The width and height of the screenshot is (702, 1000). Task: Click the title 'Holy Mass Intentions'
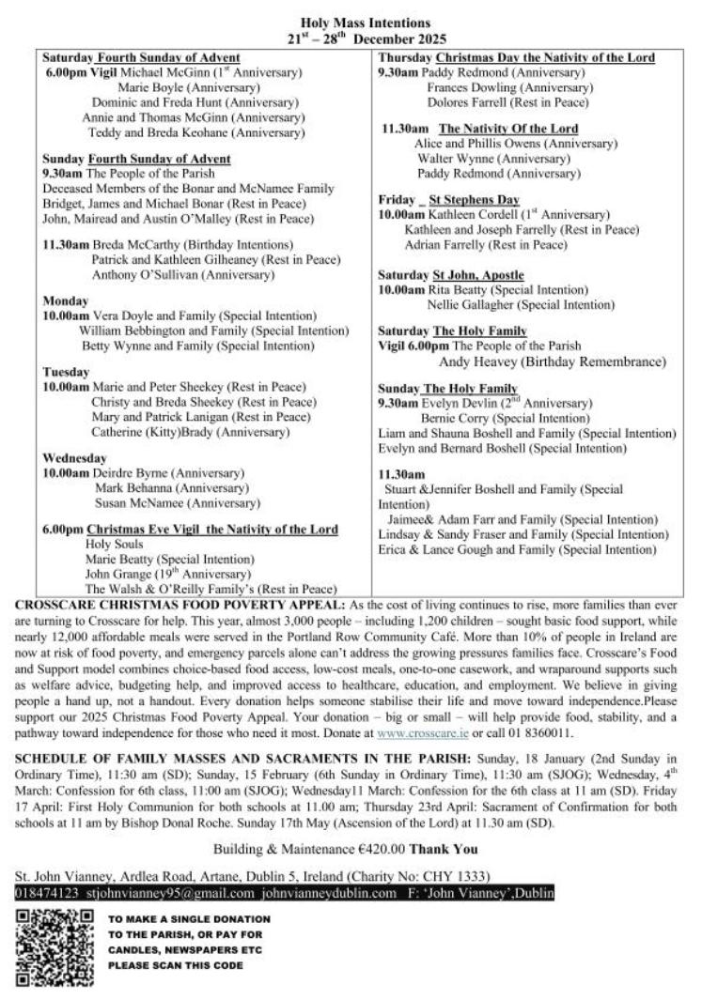click(351, 22)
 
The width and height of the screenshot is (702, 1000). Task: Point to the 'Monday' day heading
click(65, 300)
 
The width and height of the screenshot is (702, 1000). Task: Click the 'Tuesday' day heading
click(66, 371)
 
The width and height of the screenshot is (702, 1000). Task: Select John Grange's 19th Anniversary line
click(169, 574)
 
